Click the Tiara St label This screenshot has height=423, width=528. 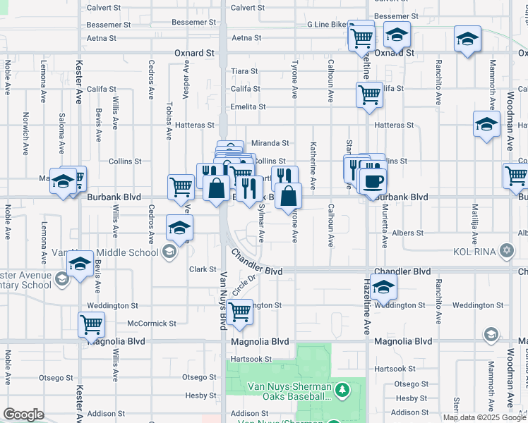pyautogui.click(x=245, y=71)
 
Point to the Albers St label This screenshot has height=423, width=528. pyautogui.click(x=409, y=233)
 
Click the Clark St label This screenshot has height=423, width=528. pyautogui.click(x=202, y=269)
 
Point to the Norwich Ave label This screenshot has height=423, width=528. pyautogui.click(x=25, y=133)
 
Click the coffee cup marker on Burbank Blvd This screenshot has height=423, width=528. pyautogui.click(x=372, y=181)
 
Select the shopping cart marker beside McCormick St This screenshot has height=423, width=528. pyautogui.click(x=91, y=324)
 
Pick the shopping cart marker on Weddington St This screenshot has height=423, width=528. pyautogui.click(x=240, y=311)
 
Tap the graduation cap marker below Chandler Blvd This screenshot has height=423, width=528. pyautogui.click(x=384, y=287)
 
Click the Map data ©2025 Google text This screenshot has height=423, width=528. pyautogui.click(x=484, y=417)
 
